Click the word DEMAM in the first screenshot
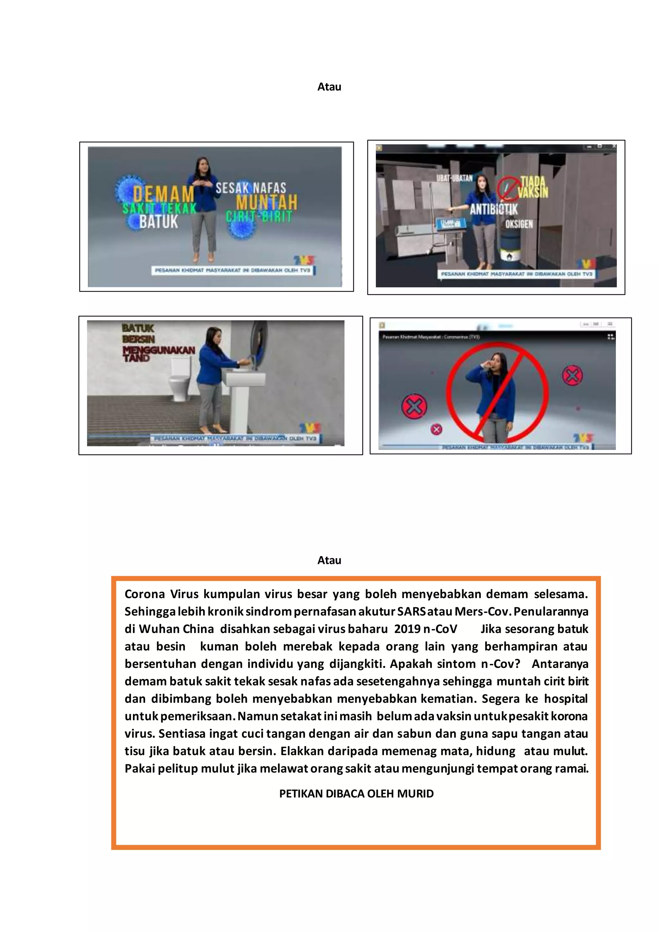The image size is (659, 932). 163,194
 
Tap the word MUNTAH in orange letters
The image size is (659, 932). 267,202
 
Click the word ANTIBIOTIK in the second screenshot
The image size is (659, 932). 493,210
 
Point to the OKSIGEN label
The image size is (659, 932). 519,224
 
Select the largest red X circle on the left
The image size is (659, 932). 414,406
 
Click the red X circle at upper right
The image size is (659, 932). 572,376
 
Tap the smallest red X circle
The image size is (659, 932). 436,429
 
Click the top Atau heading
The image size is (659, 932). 329,87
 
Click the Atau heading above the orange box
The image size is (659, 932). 329,560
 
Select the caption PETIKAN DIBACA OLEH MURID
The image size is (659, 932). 356,794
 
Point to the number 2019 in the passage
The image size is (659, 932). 407,629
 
